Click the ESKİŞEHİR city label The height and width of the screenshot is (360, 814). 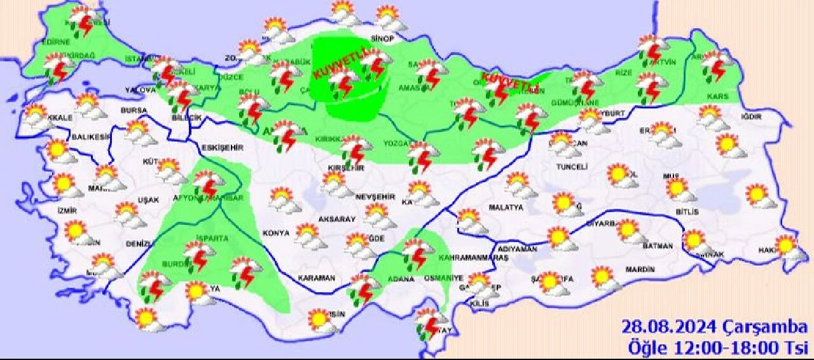click(x=222, y=148)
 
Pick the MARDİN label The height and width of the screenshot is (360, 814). click(x=640, y=270)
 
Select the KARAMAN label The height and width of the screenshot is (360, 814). click(x=315, y=278)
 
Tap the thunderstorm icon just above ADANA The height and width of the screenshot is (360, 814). click(x=417, y=253)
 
